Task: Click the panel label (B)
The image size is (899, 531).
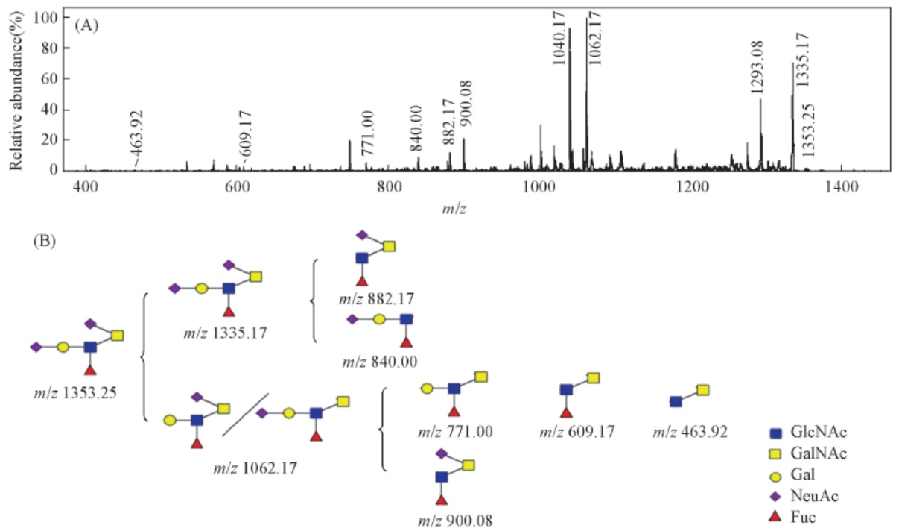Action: pos(46,242)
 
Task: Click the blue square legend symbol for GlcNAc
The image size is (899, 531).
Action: pos(775,433)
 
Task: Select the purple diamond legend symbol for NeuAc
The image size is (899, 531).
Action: pos(775,495)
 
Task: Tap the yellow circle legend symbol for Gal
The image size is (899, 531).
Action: pos(775,474)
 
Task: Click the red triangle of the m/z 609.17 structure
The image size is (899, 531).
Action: pos(566,412)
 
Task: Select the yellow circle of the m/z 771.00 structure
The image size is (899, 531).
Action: pos(427,389)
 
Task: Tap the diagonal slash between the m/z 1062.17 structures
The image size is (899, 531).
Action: pos(245,415)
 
